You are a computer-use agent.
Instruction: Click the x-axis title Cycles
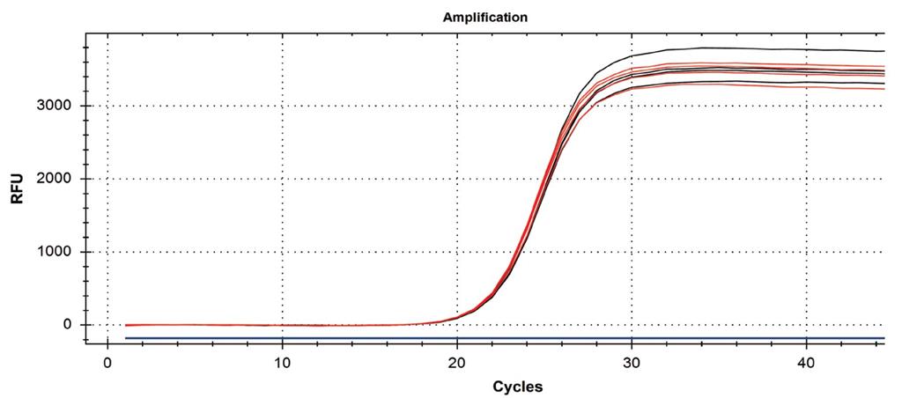(x=518, y=386)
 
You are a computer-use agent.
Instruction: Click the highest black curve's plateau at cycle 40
(x=806, y=49)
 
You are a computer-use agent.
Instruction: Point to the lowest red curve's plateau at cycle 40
(x=806, y=86)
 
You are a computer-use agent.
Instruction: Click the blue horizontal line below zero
(x=493, y=338)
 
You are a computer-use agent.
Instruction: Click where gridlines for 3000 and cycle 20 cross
(x=457, y=106)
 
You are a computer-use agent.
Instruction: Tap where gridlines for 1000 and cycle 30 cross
(x=632, y=252)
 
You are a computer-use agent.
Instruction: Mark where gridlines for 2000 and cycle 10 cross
(x=282, y=179)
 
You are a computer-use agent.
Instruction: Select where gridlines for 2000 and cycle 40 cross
(x=806, y=179)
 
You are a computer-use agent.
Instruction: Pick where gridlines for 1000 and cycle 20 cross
(x=457, y=252)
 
